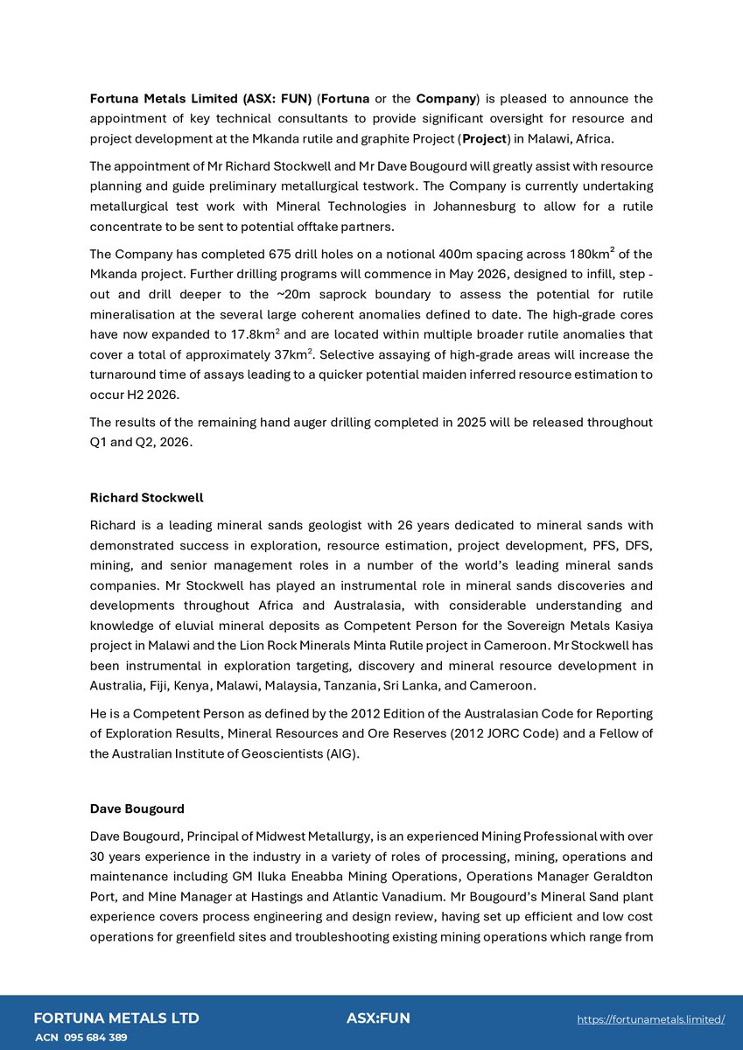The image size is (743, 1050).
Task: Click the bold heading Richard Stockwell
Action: pyautogui.click(x=146, y=498)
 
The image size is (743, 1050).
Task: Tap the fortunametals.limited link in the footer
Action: pyautogui.click(x=651, y=1019)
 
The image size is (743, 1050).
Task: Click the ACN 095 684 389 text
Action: pyautogui.click(x=81, y=1038)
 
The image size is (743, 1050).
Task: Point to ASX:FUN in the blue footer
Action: pyautogui.click(x=378, y=1018)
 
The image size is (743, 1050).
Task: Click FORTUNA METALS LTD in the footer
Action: pyautogui.click(x=116, y=1018)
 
